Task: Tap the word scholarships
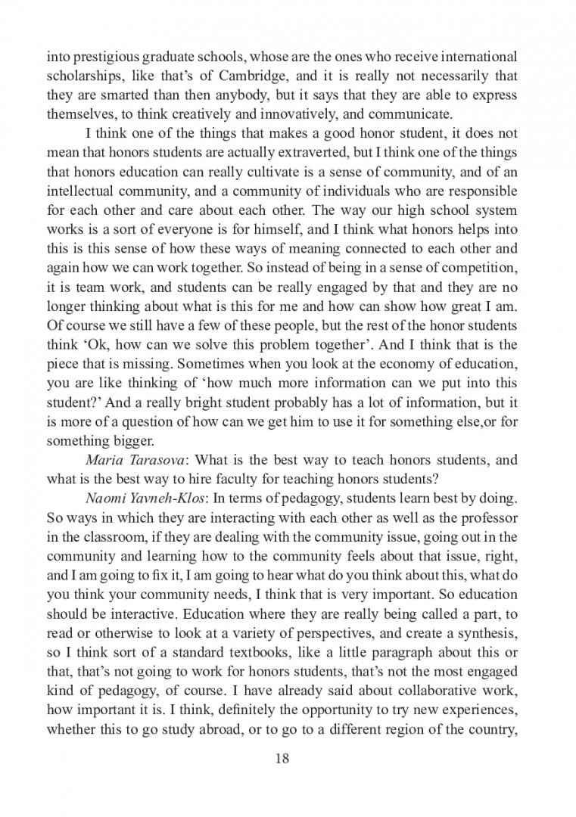pyautogui.click(x=82, y=76)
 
